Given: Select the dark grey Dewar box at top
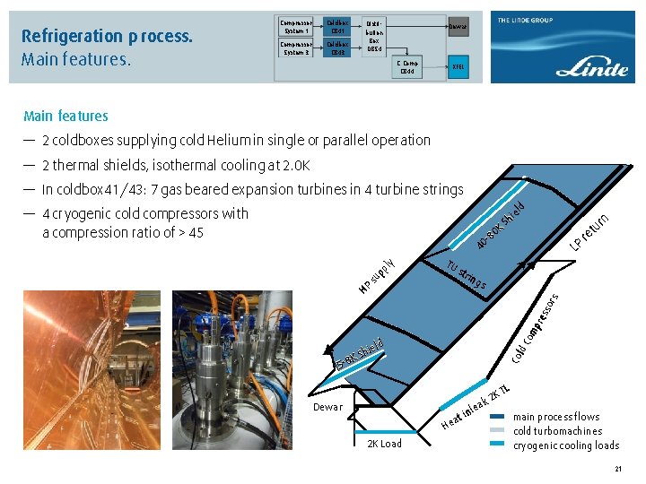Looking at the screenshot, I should (x=458, y=28).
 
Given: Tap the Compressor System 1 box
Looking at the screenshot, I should (x=296, y=28).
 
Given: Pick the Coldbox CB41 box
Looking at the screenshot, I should (x=337, y=28).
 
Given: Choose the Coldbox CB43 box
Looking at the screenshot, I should (x=337, y=48).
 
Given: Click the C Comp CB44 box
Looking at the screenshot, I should (x=408, y=68).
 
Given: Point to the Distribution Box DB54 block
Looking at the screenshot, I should (x=376, y=37).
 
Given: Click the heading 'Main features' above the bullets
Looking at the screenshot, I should (x=65, y=116).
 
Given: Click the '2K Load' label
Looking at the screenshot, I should (x=385, y=444).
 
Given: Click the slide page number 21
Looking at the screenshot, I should (x=618, y=470).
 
